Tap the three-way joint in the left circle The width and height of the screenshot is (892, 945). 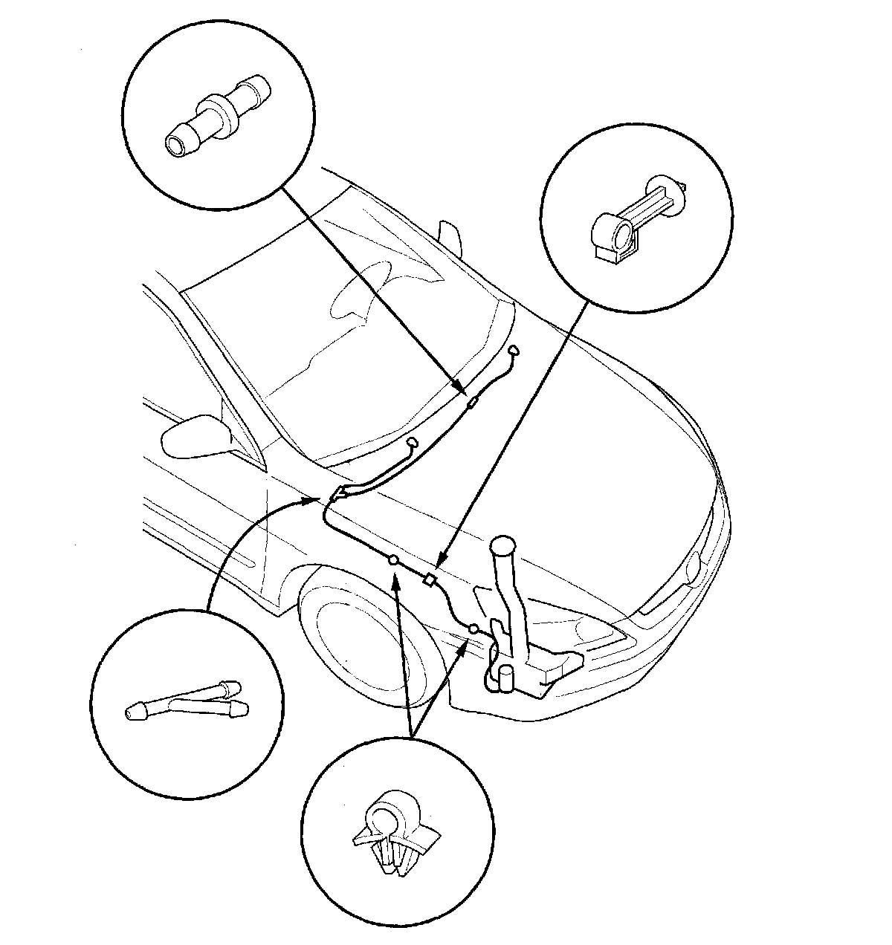pyautogui.click(x=186, y=699)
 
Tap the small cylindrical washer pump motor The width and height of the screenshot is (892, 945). pyautogui.click(x=506, y=678)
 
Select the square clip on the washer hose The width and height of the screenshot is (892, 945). pyautogui.click(x=429, y=580)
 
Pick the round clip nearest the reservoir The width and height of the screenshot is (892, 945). pyautogui.click(x=473, y=630)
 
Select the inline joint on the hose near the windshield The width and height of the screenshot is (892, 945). pyautogui.click(x=471, y=403)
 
